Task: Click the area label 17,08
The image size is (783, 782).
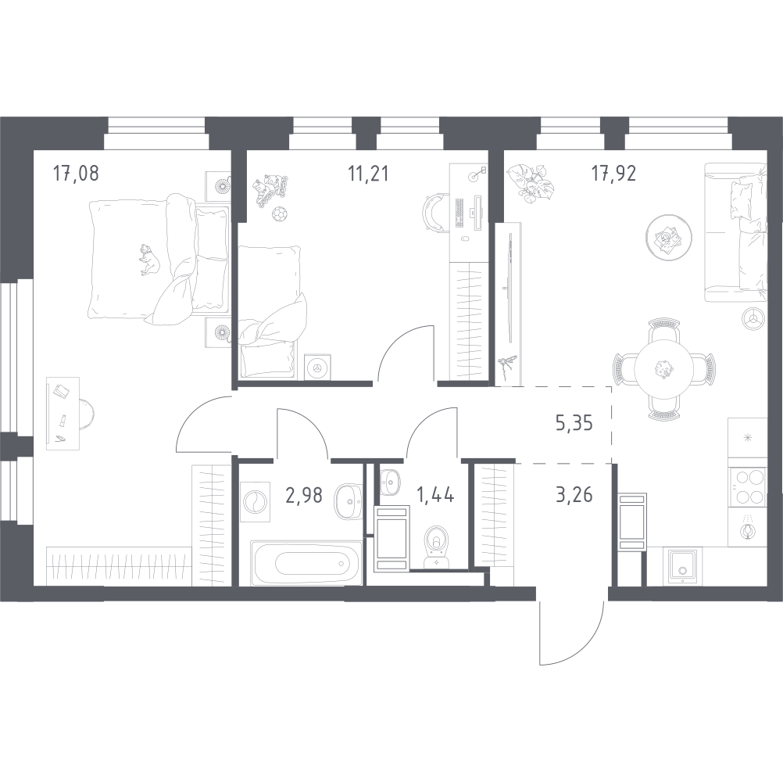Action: pyautogui.click(x=76, y=174)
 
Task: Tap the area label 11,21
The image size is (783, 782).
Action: pyautogui.click(x=368, y=174)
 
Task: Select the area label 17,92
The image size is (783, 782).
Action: pyautogui.click(x=613, y=174)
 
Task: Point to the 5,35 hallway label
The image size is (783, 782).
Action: pyautogui.click(x=574, y=423)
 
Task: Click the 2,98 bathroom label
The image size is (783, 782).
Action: pyautogui.click(x=304, y=495)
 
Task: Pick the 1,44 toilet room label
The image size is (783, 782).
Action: pyautogui.click(x=435, y=495)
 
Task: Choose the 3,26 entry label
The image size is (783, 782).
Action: pyautogui.click(x=574, y=495)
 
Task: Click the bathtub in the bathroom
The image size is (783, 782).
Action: pyautogui.click(x=306, y=562)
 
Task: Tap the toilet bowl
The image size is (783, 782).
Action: pyautogui.click(x=437, y=546)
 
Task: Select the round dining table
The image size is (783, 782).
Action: pyautogui.click(x=663, y=369)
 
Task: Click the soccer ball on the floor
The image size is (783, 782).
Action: pyautogui.click(x=279, y=214)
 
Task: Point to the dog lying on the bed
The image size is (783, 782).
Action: pyautogui.click(x=148, y=259)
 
